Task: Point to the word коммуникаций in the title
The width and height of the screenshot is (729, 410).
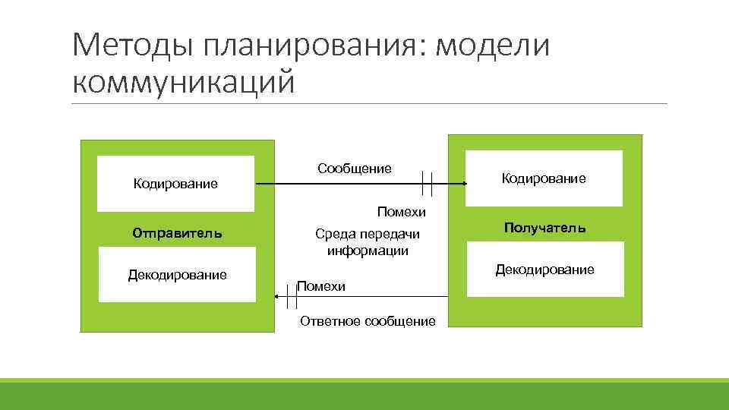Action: pyautogui.click(x=183, y=81)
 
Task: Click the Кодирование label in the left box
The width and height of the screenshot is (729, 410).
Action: pyautogui.click(x=175, y=183)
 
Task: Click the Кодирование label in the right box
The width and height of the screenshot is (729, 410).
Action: pyautogui.click(x=544, y=178)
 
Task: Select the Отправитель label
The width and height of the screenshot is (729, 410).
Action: pyautogui.click(x=177, y=232)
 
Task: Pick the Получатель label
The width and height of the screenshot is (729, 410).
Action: pyautogui.click(x=544, y=228)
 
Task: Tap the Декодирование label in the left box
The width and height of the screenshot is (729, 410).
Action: pyautogui.click(x=177, y=274)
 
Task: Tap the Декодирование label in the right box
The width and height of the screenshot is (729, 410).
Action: pyautogui.click(x=544, y=270)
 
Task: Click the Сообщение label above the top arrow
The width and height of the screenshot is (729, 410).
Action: pyautogui.click(x=355, y=168)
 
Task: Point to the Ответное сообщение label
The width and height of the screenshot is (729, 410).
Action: pyautogui.click(x=368, y=321)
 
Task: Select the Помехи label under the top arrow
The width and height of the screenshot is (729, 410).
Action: pyautogui.click(x=402, y=211)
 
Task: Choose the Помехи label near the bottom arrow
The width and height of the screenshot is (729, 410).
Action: pyautogui.click(x=321, y=286)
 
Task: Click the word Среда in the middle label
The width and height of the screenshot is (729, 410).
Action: pyautogui.click(x=333, y=235)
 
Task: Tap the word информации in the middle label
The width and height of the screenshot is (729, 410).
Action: pyautogui.click(x=368, y=251)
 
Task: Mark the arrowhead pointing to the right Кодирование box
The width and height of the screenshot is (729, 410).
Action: pyautogui.click(x=462, y=184)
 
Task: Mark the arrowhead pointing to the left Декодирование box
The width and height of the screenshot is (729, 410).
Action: pyautogui.click(x=278, y=301)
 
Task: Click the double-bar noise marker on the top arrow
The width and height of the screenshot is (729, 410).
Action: pyautogui.click(x=427, y=184)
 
